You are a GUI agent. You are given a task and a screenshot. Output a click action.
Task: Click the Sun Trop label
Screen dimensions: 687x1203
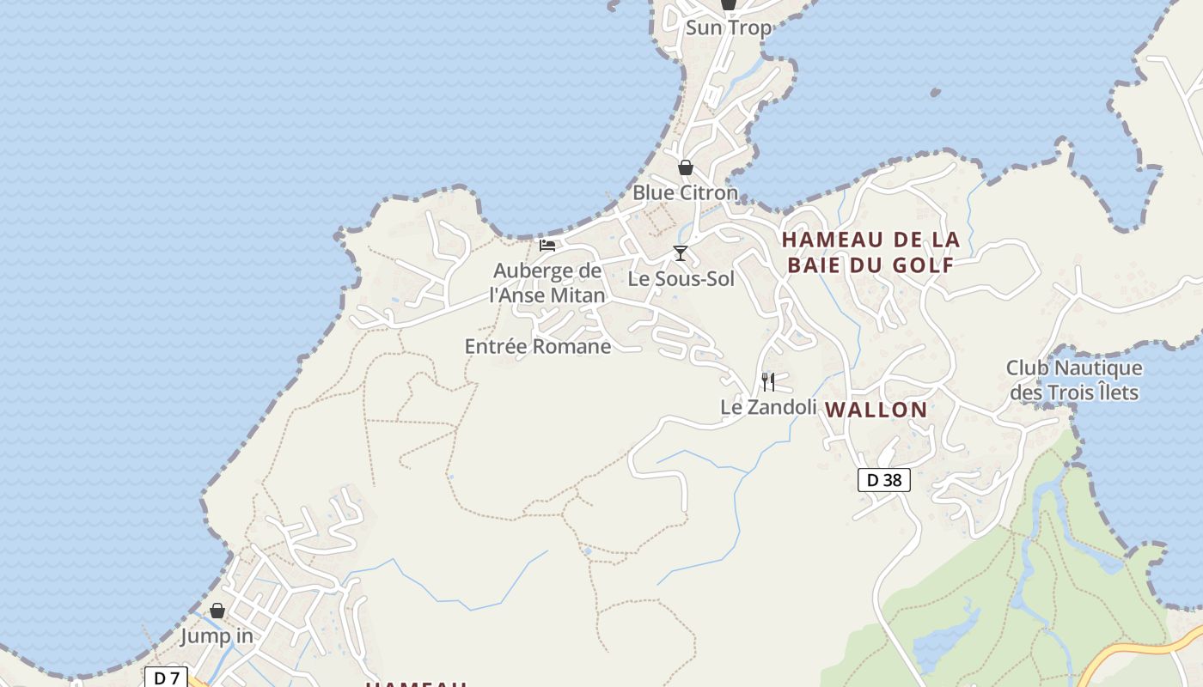click(728, 27)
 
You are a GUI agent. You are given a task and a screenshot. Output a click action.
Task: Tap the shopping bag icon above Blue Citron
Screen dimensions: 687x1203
click(686, 167)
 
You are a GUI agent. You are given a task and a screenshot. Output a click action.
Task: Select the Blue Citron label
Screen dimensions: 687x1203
click(685, 192)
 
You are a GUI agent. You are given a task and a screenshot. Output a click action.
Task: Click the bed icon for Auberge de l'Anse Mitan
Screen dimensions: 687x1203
click(547, 246)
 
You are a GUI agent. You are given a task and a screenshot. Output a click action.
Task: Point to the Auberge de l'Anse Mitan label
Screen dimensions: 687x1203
click(547, 283)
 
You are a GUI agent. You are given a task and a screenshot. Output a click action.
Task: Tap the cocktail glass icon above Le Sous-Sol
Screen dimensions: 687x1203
click(681, 252)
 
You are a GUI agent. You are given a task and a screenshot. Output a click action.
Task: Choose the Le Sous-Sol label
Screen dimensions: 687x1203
click(681, 278)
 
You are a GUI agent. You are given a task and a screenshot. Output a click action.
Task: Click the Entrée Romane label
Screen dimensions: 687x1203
click(538, 346)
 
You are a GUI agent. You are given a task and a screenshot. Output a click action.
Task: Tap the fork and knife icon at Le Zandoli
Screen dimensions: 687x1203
click(768, 381)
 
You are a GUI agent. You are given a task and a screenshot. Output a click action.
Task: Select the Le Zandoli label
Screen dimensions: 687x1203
click(768, 406)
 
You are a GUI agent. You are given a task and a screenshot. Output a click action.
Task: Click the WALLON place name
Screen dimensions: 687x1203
click(876, 410)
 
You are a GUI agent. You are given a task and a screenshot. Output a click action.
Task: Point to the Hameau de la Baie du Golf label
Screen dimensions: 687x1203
click(871, 252)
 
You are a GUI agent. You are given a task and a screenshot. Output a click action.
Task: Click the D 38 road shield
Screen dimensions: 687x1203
click(883, 480)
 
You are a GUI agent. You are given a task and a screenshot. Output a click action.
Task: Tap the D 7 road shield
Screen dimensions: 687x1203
click(166, 678)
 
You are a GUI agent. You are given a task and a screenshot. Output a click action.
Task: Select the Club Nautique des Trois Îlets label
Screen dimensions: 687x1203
click(1074, 380)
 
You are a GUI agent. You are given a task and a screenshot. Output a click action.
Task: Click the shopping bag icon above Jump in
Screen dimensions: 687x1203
click(217, 611)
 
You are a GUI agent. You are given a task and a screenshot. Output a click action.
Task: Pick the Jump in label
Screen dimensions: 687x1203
click(217, 636)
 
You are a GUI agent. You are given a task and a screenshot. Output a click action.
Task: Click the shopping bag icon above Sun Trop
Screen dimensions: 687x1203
click(729, 4)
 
